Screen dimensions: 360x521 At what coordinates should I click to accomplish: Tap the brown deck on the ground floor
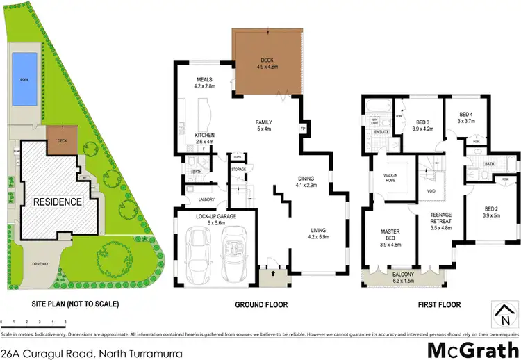(x=267, y=62)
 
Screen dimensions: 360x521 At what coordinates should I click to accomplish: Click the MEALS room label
(x=204, y=83)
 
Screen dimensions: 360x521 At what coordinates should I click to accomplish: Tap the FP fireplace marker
(x=302, y=129)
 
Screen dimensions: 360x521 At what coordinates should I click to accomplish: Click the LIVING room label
(x=317, y=231)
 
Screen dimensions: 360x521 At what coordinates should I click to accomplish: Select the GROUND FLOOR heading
(x=261, y=304)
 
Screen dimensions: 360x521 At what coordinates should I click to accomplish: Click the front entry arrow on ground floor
(x=270, y=275)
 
